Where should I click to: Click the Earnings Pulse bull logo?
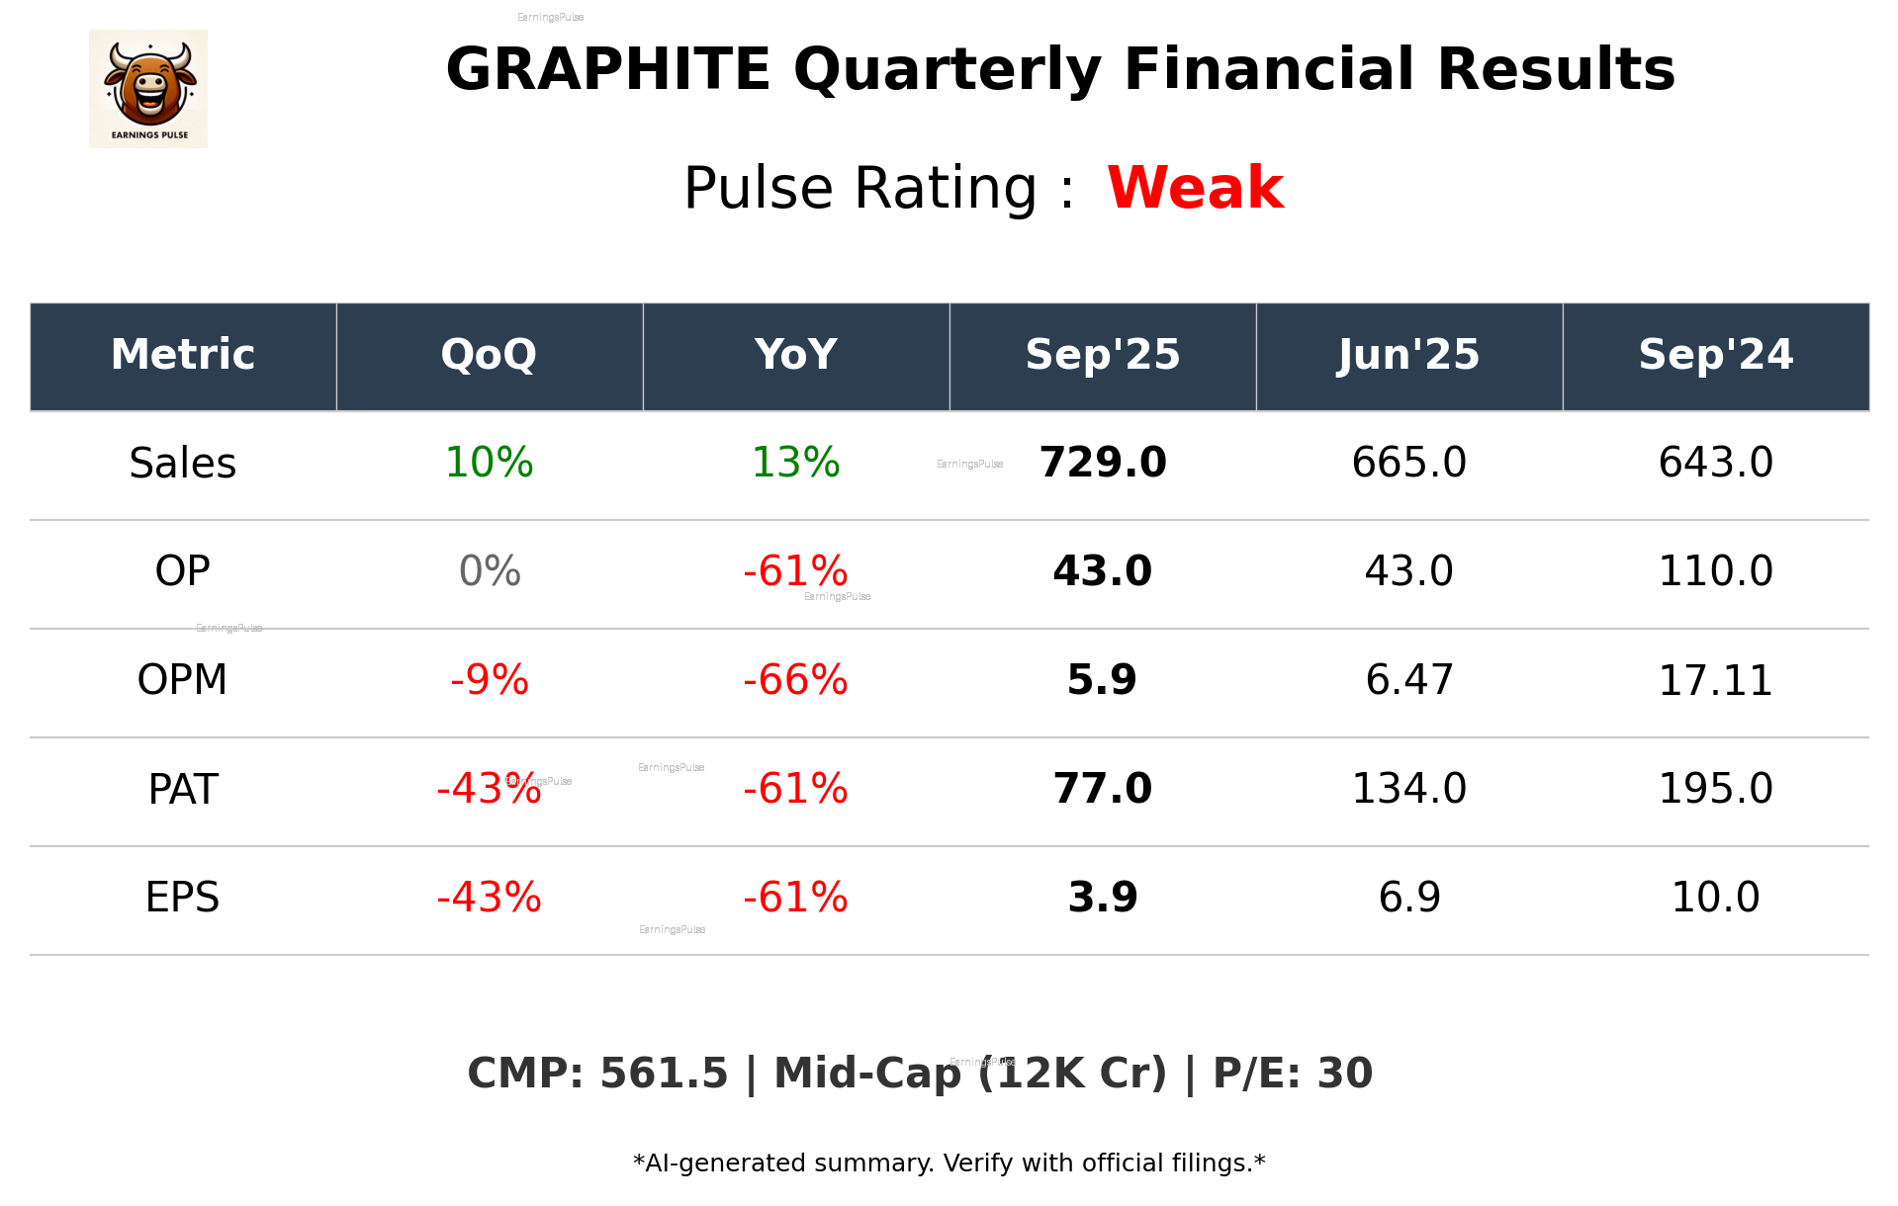[148, 88]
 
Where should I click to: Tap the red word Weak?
[1195, 188]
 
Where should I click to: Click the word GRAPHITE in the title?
[607, 70]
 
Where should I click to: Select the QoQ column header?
[489, 355]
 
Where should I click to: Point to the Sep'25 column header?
[1102, 355]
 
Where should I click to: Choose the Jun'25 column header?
[1408, 355]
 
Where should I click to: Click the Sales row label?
[183, 464]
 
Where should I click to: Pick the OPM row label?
[183, 680]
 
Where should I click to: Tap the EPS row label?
[183, 898]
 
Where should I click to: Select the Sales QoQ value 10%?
[489, 464]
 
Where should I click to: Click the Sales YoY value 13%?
[795, 464]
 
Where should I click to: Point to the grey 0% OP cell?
[490, 571]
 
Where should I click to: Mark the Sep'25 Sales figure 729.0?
[1102, 464]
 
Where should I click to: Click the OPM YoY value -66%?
[795, 680]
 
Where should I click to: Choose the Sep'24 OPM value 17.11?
[1715, 680]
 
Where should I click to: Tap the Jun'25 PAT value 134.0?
[1408, 789]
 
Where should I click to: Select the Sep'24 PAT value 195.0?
[1715, 789]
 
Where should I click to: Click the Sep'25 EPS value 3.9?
[1102, 898]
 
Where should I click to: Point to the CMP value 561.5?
[663, 1075]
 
